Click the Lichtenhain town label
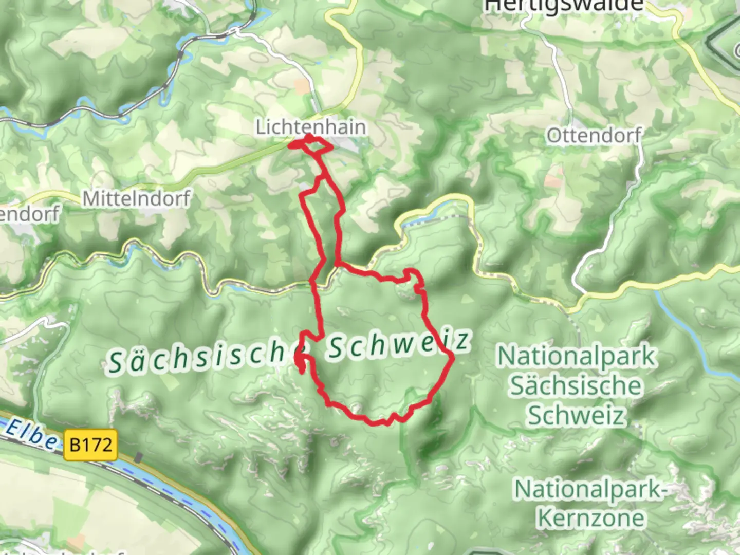(x=311, y=127)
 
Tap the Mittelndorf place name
(x=136, y=198)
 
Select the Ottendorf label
(x=594, y=136)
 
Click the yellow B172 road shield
(x=90, y=444)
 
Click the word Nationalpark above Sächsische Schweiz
(x=577, y=356)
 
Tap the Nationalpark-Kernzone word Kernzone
(x=590, y=518)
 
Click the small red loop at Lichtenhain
(x=311, y=144)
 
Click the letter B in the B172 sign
(x=75, y=444)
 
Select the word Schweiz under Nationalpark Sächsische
(x=576, y=415)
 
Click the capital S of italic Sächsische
(x=116, y=363)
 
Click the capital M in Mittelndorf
(x=90, y=199)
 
